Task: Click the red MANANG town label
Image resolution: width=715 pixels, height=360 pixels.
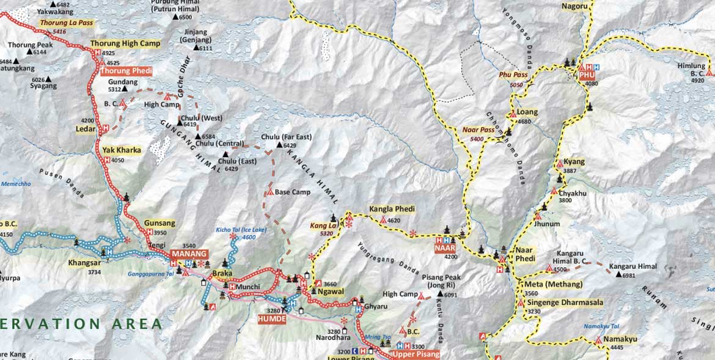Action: point(189,254)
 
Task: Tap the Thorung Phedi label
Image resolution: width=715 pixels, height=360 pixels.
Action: point(125,71)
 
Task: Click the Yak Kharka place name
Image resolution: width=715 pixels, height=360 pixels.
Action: point(122,150)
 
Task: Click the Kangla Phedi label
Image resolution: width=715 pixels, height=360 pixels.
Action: point(392,209)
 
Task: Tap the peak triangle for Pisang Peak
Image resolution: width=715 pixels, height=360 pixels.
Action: point(439,295)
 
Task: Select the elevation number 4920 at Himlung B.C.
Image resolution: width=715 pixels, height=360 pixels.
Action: point(697,80)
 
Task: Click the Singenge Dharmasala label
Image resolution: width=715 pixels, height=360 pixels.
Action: point(564,303)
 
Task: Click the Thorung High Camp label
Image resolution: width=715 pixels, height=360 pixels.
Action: point(125,43)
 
